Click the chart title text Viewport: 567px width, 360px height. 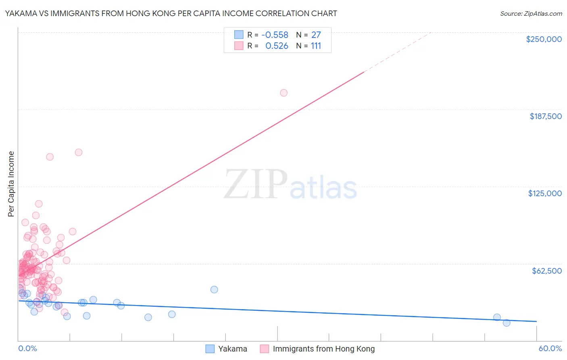coord(171,13)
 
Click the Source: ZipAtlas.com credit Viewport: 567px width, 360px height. coord(531,13)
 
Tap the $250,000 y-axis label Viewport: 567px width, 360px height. coord(544,39)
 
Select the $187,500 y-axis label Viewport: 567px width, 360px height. coord(545,116)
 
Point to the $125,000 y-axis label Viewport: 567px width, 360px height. coord(545,193)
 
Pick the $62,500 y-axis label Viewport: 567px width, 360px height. coord(546,271)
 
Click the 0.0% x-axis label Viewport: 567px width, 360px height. coord(27,348)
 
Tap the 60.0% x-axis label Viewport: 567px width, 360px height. coord(550,348)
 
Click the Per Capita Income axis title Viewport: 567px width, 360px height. coord(11,184)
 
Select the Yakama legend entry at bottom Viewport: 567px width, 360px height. coord(232,349)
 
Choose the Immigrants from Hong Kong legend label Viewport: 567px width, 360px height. coord(323,349)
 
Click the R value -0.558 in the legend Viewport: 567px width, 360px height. coord(275,35)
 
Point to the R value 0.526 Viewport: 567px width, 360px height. coord(277,46)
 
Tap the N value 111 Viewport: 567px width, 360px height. coord(316,46)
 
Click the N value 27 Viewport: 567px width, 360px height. coord(316,35)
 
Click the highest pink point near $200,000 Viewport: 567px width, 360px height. coord(283,93)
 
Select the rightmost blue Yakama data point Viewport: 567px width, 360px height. coord(507,322)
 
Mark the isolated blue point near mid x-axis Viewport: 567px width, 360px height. coord(214,289)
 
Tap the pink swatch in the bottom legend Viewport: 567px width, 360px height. coord(264,349)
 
